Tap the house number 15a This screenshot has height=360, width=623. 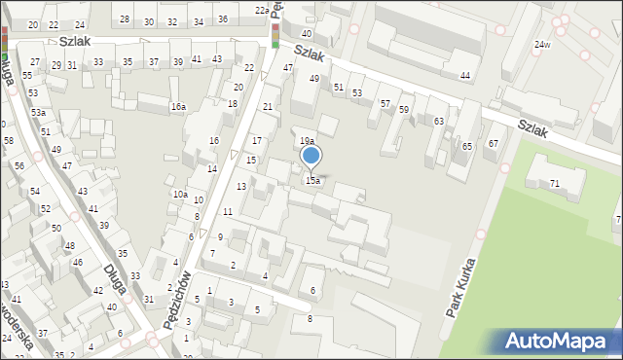click(312, 181)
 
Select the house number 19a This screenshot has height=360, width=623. click(306, 142)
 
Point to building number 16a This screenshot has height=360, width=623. click(177, 107)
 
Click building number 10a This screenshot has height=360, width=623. click(180, 195)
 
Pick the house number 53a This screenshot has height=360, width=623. click(38, 113)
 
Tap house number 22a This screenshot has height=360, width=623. click(262, 10)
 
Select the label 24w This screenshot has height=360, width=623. click(542, 45)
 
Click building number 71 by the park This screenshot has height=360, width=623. click(555, 184)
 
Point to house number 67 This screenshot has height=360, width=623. click(494, 144)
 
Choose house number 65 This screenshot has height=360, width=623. click(467, 146)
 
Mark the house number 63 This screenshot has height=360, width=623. click(439, 121)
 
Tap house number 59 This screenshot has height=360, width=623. click(403, 110)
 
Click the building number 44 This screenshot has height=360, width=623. click(466, 76)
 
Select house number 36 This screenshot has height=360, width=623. click(223, 19)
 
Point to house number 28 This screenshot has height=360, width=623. click(125, 19)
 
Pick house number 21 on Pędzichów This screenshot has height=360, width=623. click(268, 105)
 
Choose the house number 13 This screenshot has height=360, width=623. click(240, 187)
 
